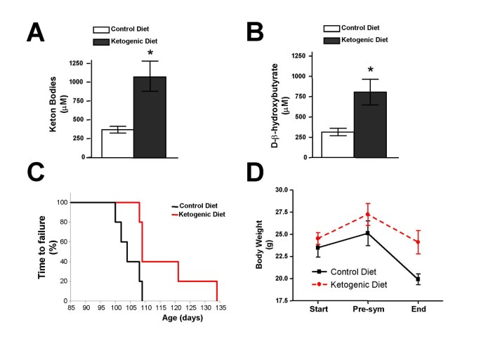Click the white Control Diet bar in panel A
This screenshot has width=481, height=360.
pos(117,143)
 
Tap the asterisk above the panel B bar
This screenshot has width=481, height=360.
pos(369,71)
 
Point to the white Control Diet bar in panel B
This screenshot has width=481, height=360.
pos(337,145)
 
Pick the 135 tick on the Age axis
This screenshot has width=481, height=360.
pos(218,307)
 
